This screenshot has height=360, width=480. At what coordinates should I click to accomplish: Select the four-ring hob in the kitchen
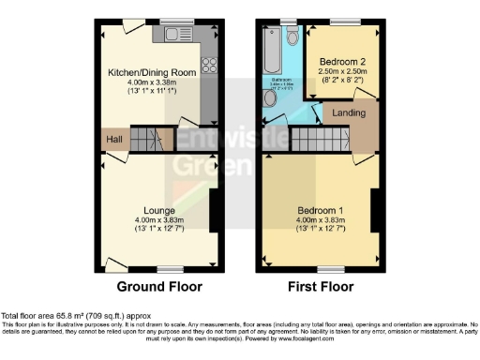(209, 67)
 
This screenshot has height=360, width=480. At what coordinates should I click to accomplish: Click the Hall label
(114, 140)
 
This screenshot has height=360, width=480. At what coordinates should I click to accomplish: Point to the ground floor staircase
(146, 141)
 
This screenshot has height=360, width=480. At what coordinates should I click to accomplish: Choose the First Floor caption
(320, 286)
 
